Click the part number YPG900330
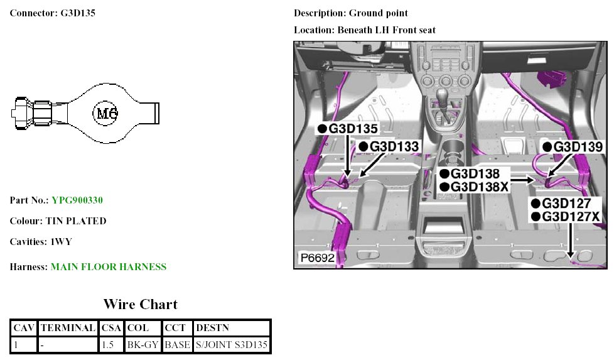pyautogui.click(x=77, y=200)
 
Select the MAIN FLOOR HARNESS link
pyautogui.click(x=109, y=267)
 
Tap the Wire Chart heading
pyautogui.click(x=141, y=305)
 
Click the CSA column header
pyautogui.click(x=111, y=328)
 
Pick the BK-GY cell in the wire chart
pyautogui.click(x=143, y=345)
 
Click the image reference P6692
pyautogui.click(x=316, y=258)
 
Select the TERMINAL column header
pyautogui.click(x=68, y=328)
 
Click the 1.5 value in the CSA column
pyautogui.click(x=108, y=345)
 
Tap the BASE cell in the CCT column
pyautogui.click(x=177, y=345)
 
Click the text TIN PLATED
pyautogui.click(x=76, y=221)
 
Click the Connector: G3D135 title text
pyautogui.click(x=53, y=13)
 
